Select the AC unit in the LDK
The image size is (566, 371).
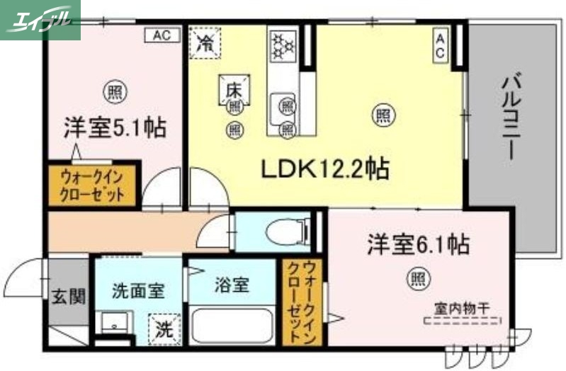[440, 45]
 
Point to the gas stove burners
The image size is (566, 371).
[283, 45]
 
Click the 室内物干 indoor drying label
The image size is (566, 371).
[463, 309]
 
